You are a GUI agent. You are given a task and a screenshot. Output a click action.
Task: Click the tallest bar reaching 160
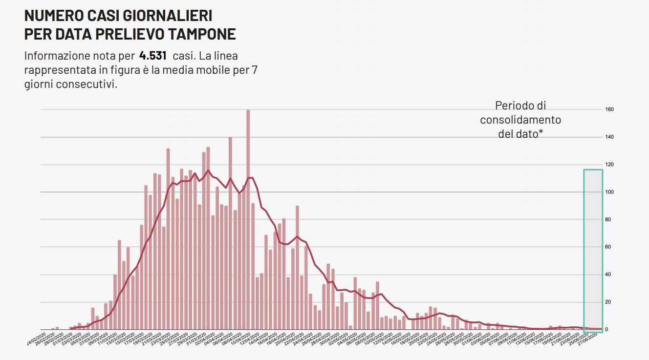(x=248, y=220)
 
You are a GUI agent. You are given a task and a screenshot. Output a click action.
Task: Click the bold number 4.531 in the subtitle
(x=153, y=55)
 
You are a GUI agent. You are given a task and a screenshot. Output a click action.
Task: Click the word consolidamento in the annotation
(x=520, y=120)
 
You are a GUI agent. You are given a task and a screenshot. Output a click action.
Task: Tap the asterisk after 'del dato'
(x=541, y=133)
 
